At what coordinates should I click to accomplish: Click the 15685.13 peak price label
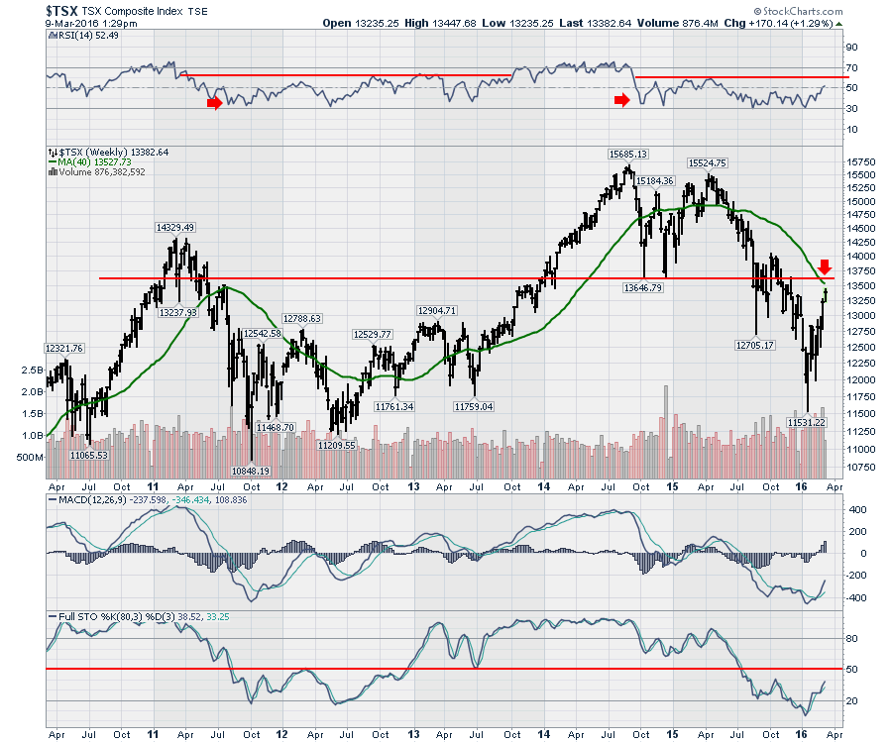click(x=628, y=154)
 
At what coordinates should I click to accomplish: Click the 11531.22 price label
click(x=806, y=422)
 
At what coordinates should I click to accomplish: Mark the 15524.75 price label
click(x=708, y=162)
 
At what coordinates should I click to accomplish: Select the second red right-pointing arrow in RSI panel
click(x=621, y=99)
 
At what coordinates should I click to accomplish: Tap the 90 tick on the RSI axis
click(x=850, y=47)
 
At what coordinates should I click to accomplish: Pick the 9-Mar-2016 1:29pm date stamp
click(x=87, y=23)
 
